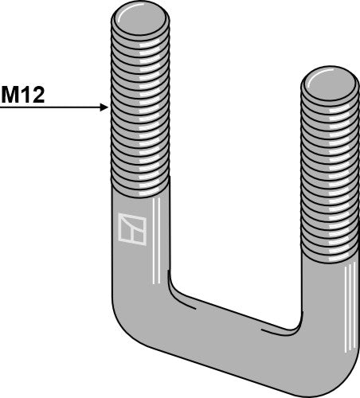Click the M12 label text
tap(22, 96)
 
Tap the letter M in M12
tap(11, 96)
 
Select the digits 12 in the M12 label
tap(31, 96)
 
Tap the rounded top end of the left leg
tap(139, 16)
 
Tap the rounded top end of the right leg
tap(329, 80)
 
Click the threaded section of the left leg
tap(139, 103)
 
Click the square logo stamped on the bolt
tap(131, 228)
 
